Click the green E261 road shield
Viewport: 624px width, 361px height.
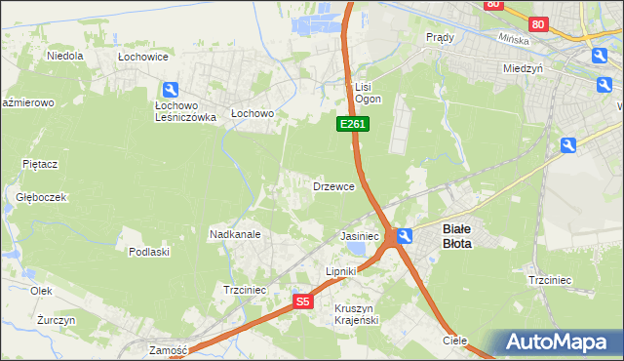pos(353,124)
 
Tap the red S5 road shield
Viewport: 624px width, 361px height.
pos(303,302)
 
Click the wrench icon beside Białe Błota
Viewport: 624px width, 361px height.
pos(406,235)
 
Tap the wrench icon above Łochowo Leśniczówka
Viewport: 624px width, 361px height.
pos(171,89)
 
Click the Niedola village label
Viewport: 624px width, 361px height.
pos(65,56)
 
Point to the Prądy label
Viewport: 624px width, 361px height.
pos(441,36)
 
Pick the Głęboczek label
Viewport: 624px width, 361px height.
pos(41,196)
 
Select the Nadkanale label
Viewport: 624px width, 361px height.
pos(234,234)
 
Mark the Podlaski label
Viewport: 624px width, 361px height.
pos(149,252)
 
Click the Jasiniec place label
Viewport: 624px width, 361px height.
pos(359,236)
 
